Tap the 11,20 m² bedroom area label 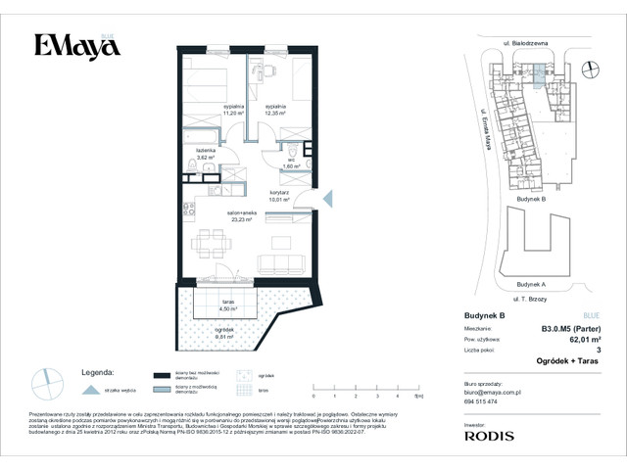[233, 110]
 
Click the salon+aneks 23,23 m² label [240, 217]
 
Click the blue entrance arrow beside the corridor [327, 199]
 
